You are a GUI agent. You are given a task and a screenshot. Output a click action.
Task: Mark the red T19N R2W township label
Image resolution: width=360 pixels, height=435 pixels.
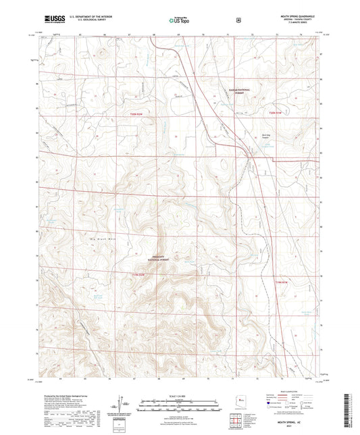[x=137, y=282]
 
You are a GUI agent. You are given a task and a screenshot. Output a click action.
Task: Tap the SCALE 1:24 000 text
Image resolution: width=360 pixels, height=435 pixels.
[x=179, y=394]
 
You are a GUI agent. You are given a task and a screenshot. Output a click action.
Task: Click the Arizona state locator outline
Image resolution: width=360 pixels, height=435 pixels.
[x=235, y=403]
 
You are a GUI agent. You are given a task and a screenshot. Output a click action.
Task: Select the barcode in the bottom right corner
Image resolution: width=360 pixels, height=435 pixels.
[x=349, y=409]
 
